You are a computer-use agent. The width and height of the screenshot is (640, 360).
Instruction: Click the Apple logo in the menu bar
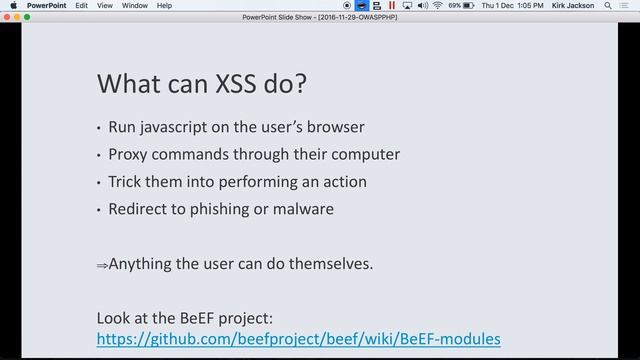tap(13, 5)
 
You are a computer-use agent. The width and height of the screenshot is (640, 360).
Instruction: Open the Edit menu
tap(81, 5)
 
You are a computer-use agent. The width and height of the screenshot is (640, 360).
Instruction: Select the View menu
tap(105, 5)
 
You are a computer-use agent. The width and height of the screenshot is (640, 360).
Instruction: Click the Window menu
tap(134, 5)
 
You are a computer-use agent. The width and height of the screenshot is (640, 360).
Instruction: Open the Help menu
tap(164, 5)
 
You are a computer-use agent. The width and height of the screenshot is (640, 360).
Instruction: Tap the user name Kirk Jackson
tap(572, 5)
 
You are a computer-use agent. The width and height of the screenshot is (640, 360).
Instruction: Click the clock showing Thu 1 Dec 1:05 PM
tap(512, 5)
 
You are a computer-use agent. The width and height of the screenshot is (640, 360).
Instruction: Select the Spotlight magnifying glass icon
tap(608, 5)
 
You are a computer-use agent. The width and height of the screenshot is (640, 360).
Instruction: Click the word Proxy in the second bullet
tap(128, 154)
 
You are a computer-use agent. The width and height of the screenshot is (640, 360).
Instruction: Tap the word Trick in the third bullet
tap(127, 182)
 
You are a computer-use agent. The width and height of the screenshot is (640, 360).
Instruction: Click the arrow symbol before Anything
tap(102, 265)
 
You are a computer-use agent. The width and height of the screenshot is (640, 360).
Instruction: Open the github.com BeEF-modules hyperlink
tap(298, 339)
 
